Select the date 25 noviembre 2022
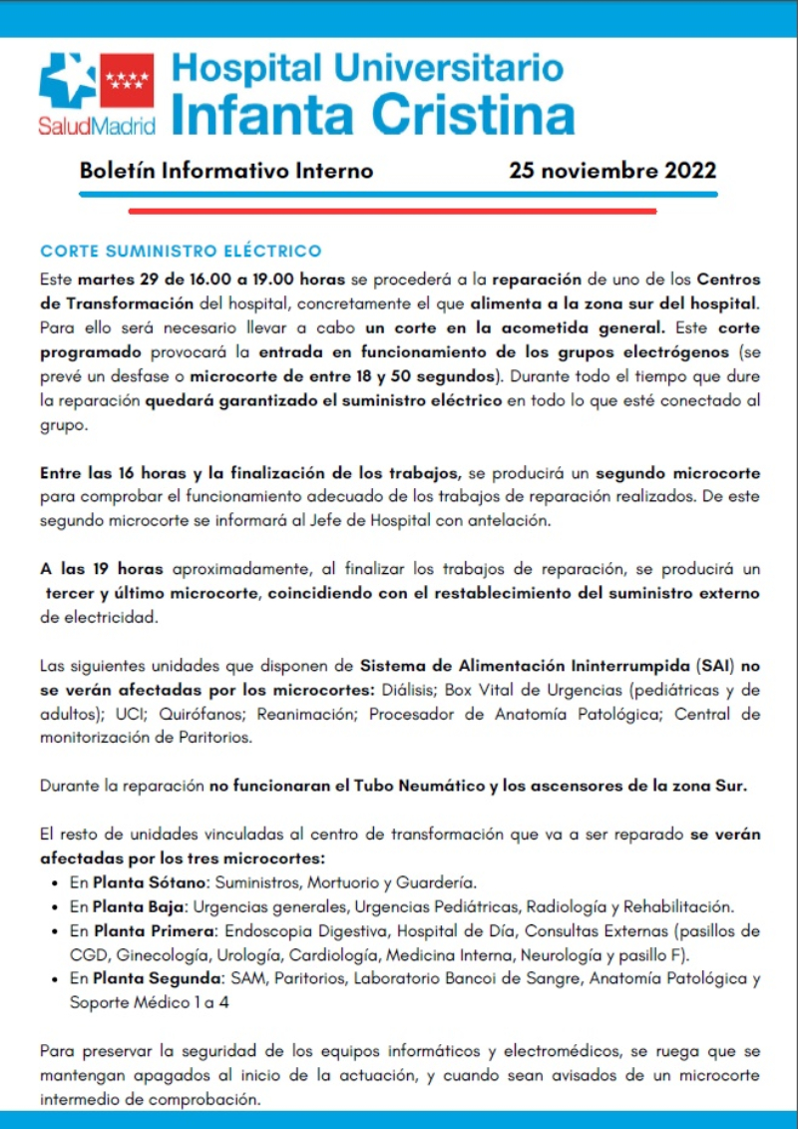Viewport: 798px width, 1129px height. click(611, 171)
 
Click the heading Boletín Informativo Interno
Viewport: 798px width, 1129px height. click(226, 171)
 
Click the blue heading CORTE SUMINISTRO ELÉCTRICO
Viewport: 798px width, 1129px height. click(181, 251)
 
